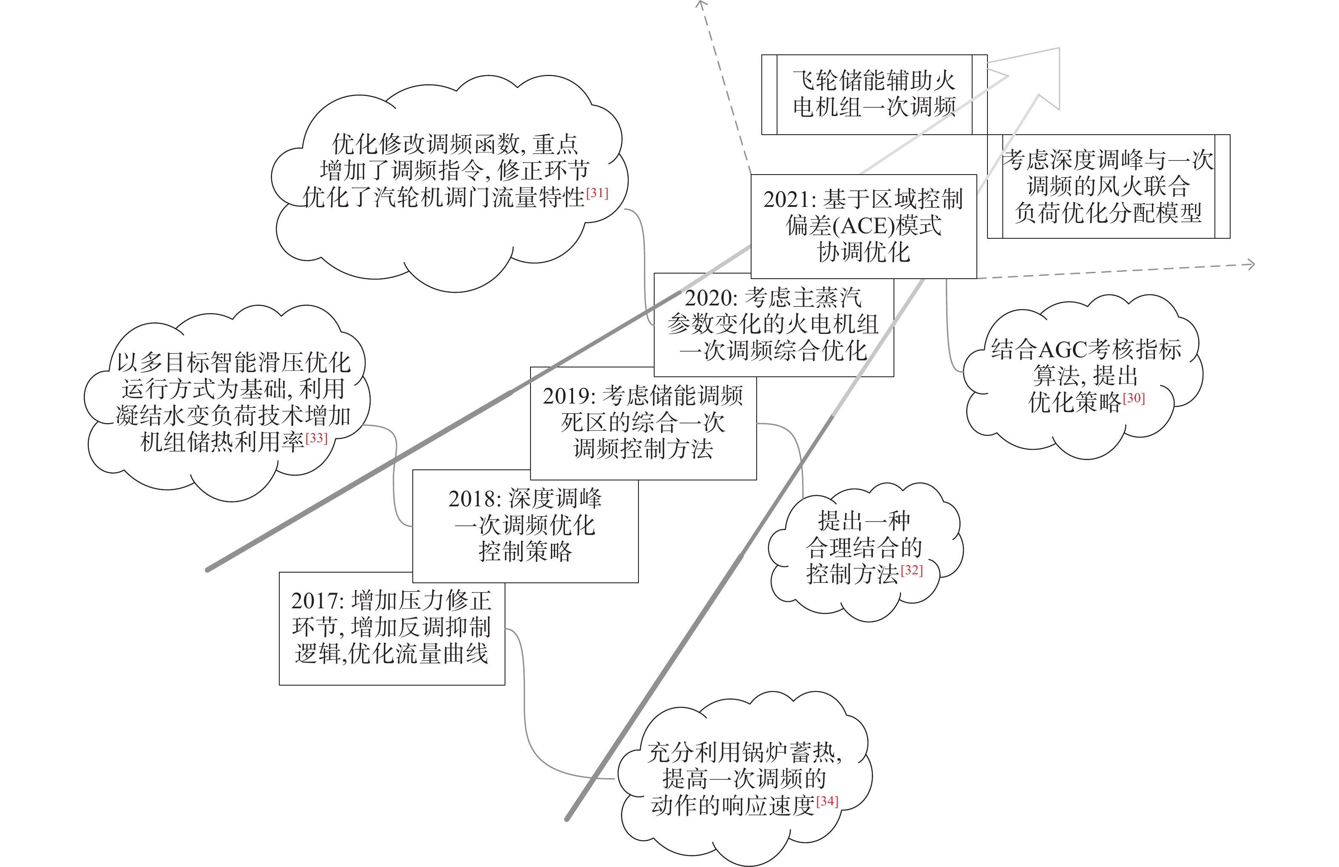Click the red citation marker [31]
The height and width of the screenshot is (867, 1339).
597,193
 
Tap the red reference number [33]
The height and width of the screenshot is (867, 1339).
316,438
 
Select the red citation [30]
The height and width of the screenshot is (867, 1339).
1134,398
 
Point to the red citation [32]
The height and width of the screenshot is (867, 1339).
912,570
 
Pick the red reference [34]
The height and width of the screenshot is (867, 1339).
827,801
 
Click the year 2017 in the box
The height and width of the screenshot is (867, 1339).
315,601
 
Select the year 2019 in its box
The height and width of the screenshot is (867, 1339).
567,396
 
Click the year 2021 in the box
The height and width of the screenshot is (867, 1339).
787,200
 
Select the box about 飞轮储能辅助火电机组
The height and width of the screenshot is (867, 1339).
874,94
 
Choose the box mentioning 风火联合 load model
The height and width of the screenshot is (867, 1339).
1108,186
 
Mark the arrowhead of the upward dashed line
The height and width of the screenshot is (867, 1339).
701,5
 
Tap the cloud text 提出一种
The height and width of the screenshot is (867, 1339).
864,521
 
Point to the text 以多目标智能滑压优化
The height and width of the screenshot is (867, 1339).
233,363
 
